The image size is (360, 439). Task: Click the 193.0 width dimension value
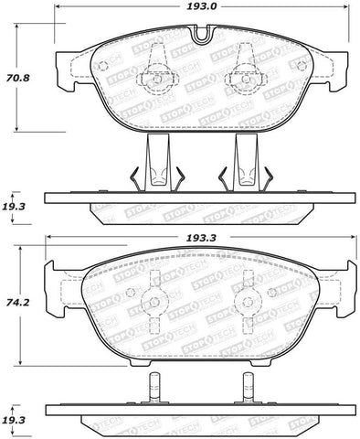pos(201,6)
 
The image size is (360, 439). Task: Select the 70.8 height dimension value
pos(18,78)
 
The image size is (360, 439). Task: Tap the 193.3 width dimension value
pos(201,238)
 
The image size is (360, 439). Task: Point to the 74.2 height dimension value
pos(18,303)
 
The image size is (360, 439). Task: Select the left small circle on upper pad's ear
pos(103,65)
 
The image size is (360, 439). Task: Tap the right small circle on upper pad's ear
pos(302,65)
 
